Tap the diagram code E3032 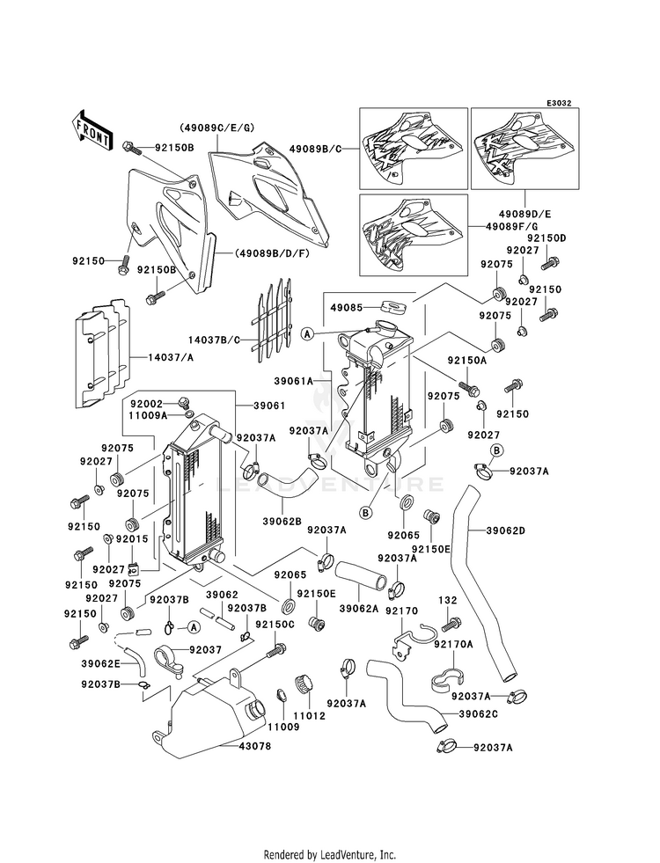tap(558, 103)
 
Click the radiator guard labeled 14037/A tap(104, 356)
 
